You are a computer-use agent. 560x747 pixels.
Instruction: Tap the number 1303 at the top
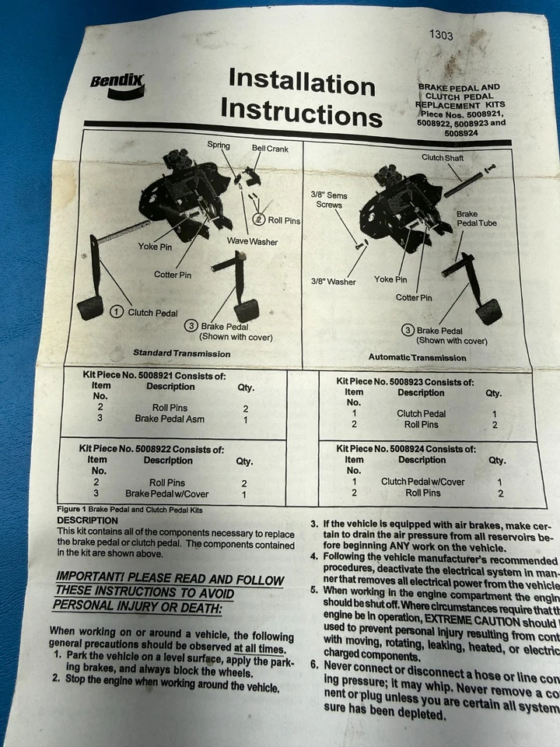coord(443,35)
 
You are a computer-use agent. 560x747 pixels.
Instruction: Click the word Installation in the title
coord(301,80)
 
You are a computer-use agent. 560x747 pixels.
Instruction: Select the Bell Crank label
coord(270,148)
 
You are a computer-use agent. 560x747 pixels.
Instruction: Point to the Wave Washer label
coord(252,242)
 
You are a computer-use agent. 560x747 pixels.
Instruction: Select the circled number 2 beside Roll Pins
coord(259,220)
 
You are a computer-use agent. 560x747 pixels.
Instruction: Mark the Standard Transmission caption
coord(181,353)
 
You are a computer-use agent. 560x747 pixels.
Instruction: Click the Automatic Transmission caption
coord(418,357)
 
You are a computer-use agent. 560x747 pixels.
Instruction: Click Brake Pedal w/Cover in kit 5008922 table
coord(167,494)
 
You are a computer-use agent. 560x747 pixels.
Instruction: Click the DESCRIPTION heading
coord(88,520)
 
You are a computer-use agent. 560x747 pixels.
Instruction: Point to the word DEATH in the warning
coord(194,608)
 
